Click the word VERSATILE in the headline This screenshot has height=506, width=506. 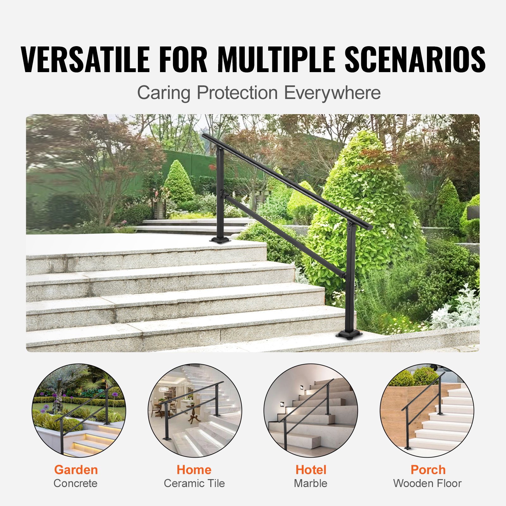[85, 59]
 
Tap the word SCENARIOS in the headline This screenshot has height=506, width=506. [415, 59]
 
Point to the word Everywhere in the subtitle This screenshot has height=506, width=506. [332, 93]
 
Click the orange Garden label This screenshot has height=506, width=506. [76, 470]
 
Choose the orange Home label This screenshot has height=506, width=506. [194, 470]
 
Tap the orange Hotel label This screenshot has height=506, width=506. [311, 470]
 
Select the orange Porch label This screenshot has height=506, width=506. [428, 470]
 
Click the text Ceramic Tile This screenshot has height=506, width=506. [194, 483]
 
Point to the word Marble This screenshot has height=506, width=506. [311, 483]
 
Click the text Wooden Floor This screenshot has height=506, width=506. [427, 483]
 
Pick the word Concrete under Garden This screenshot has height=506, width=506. [76, 483]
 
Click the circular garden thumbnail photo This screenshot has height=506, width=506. [79, 410]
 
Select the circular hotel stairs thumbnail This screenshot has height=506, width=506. [311, 410]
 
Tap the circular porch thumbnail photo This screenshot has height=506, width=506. [427, 410]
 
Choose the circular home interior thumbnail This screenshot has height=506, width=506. [195, 410]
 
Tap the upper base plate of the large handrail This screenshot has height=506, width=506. [220, 240]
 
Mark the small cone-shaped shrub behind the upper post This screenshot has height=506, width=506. [179, 182]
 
